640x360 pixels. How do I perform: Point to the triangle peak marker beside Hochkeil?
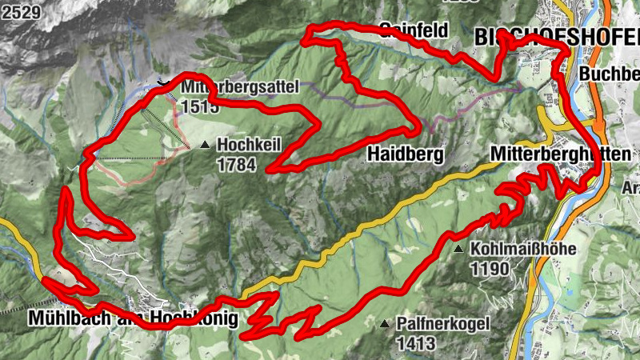pos(206,145)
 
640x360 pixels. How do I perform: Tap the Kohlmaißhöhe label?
pos(523,249)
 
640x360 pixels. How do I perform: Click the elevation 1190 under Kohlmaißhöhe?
pos(489,269)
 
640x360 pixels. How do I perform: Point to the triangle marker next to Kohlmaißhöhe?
pos(459,250)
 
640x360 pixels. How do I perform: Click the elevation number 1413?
pos(415,344)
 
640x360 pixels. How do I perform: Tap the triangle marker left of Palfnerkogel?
pos(386,324)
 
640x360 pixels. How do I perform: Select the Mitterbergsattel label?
pos(240,86)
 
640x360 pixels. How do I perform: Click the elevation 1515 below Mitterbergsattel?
pos(200,106)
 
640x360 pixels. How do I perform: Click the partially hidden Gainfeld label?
pos(414,30)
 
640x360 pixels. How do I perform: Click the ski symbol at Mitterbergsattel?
pos(163,81)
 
